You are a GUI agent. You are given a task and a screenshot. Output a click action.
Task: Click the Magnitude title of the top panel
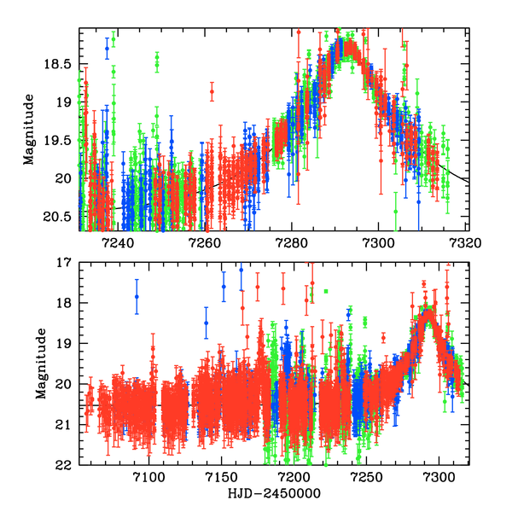tap(29, 130)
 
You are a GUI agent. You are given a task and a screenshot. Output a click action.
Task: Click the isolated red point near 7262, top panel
tap(212, 90)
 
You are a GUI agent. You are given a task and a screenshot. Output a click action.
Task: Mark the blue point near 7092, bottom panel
tap(137, 297)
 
